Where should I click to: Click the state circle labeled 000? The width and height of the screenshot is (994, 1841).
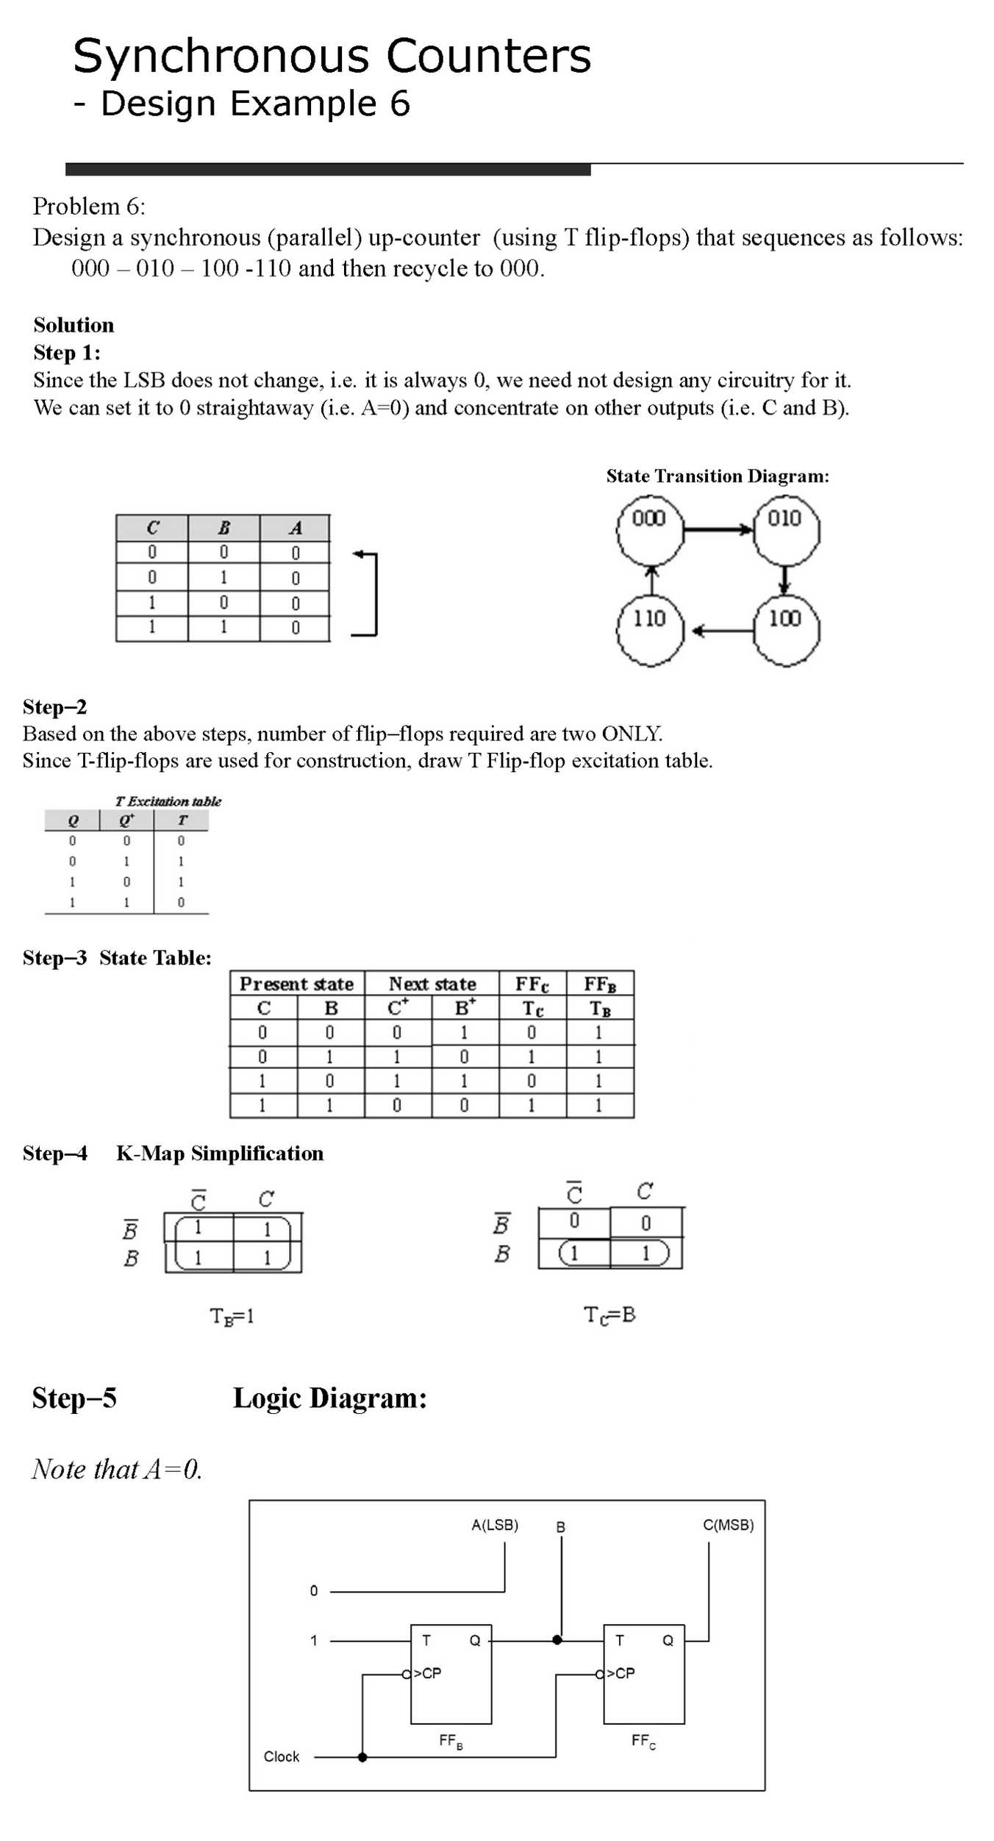[x=650, y=530]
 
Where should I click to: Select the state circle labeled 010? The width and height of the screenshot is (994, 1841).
[x=786, y=530]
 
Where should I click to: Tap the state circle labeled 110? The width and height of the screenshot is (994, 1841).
[x=650, y=631]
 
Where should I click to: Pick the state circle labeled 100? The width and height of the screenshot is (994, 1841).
[x=786, y=631]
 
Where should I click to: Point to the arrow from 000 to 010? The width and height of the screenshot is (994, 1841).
[x=718, y=529]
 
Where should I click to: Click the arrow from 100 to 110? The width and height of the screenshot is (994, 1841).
[x=723, y=631]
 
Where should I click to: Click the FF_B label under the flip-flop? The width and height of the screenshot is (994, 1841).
[x=451, y=1741]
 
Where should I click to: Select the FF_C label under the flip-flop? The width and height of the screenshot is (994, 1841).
[x=643, y=1740]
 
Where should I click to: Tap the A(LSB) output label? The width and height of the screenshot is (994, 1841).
[x=495, y=1525]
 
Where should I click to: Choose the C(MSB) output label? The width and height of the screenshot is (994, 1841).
[x=728, y=1525]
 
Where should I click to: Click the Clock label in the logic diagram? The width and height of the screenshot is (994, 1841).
[x=282, y=1756]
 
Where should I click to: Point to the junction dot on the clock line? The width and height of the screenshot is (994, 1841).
[x=362, y=1757]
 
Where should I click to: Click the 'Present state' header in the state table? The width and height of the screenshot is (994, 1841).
[x=297, y=984]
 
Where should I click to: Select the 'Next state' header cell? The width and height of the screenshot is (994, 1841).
[x=432, y=984]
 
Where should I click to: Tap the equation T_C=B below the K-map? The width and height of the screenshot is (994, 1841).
[x=609, y=1315]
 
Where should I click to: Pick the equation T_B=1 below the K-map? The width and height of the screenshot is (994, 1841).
[x=232, y=1316]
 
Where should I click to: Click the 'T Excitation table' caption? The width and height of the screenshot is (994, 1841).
[x=168, y=801]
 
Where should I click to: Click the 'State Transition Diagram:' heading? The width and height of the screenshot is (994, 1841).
[x=718, y=476]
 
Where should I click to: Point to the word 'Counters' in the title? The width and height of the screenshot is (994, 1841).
[x=488, y=56]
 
